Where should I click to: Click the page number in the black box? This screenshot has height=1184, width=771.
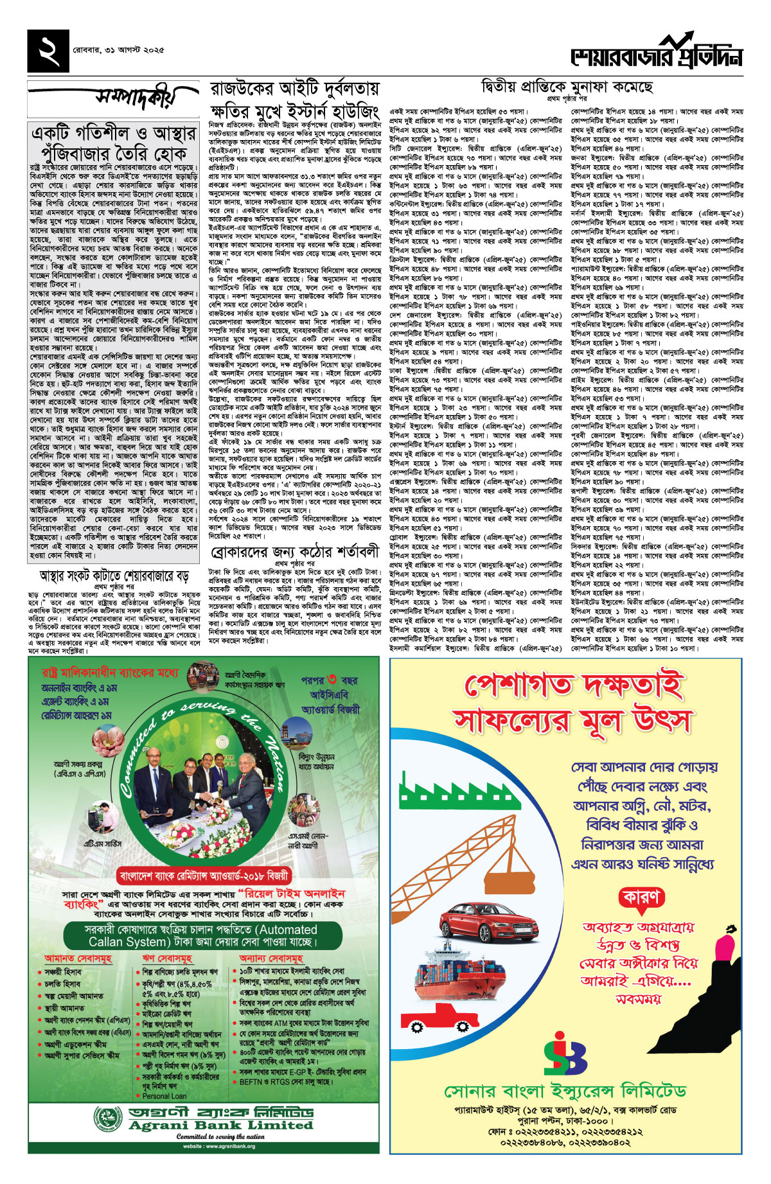tap(49, 51)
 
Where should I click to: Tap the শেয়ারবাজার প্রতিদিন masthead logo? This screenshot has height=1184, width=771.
tap(657, 54)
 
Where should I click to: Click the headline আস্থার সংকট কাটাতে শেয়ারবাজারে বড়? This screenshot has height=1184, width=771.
tap(114, 574)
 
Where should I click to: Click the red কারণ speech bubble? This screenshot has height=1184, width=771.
tap(641, 897)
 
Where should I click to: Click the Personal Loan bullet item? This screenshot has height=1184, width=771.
tap(164, 1096)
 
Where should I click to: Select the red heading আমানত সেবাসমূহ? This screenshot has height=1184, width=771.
tap(78, 958)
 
